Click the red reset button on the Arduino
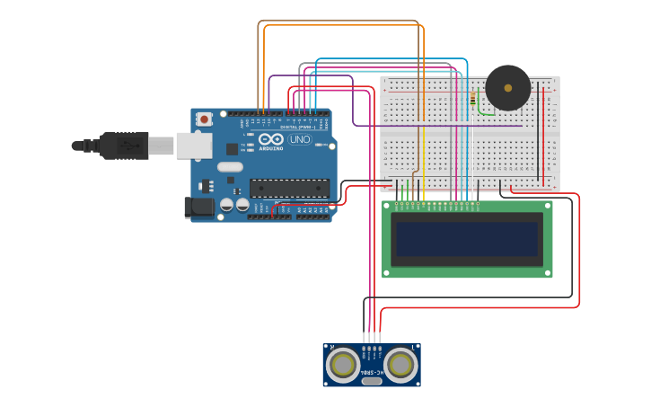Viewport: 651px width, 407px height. [205, 119]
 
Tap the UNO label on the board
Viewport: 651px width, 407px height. [300, 139]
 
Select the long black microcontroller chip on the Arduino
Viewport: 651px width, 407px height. [289, 187]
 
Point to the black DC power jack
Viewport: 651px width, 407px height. [200, 208]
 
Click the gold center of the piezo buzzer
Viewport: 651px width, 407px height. [508, 88]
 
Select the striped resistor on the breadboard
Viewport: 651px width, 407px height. [473, 100]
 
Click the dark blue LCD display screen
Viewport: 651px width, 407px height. [467, 239]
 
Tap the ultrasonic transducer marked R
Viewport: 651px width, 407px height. [343, 365]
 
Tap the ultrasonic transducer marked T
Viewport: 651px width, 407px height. [401, 365]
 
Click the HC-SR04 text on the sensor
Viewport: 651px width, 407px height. [372, 370]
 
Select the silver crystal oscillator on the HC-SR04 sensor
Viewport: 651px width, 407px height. [372, 382]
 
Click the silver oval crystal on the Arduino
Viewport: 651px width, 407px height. [230, 166]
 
